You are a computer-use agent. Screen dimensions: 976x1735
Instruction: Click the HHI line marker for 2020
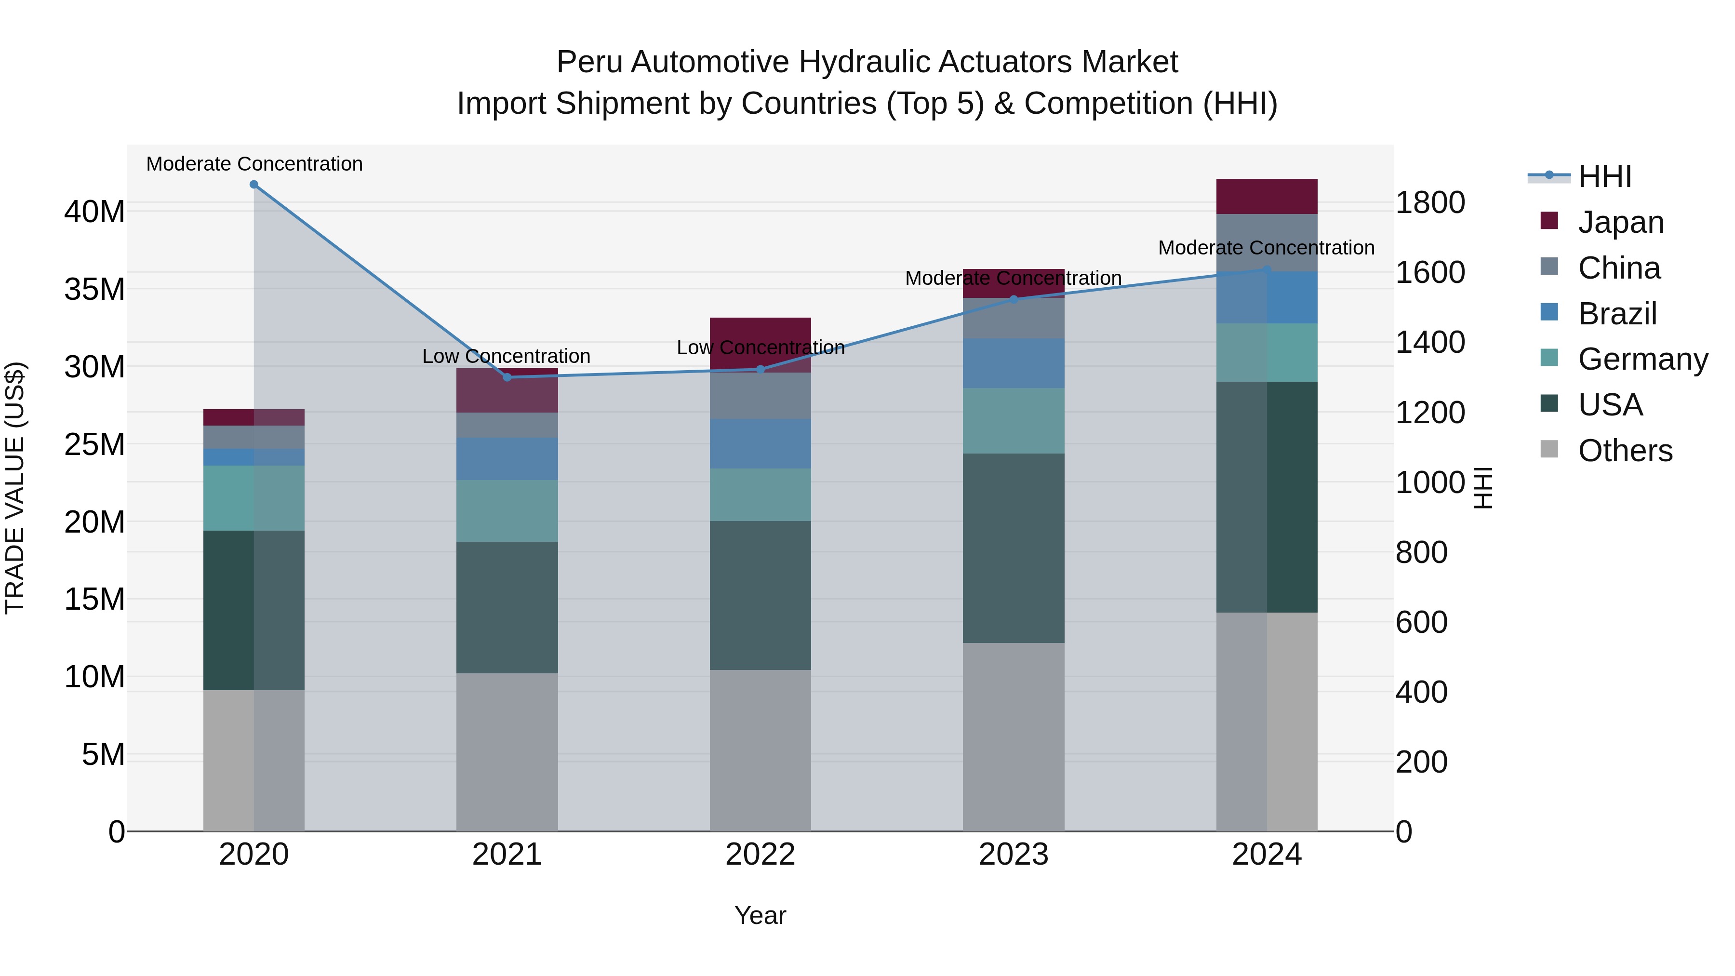(254, 185)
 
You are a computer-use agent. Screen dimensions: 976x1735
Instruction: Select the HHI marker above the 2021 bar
(507, 377)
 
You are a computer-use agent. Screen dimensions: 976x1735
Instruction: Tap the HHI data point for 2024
(1266, 270)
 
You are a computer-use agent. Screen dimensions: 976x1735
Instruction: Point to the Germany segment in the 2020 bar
(254, 498)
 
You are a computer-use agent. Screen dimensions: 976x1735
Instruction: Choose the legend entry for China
(1618, 268)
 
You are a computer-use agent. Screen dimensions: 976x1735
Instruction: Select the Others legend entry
(1625, 451)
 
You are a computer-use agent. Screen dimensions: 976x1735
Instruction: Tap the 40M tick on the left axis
(94, 212)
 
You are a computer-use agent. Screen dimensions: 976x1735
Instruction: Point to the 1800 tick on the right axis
(1430, 203)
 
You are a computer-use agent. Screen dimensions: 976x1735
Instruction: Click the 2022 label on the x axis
(761, 855)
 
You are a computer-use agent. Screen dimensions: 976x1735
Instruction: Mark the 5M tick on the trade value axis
(103, 754)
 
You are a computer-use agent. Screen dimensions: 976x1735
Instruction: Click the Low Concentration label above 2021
(506, 356)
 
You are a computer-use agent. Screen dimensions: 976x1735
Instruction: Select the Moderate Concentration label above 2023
(1013, 278)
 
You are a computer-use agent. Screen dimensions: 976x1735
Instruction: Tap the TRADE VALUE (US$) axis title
(15, 488)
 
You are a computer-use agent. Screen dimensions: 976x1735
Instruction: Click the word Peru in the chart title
(588, 63)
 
